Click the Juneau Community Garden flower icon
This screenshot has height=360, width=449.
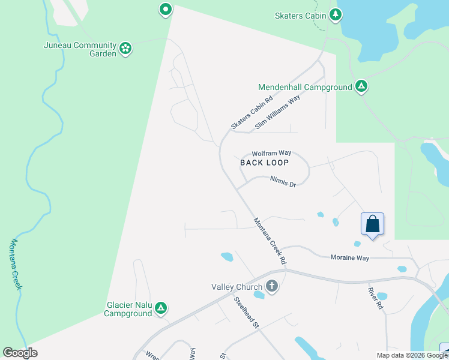[125, 49]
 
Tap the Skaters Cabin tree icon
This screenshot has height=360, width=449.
[337, 14]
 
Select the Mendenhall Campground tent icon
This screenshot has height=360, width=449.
[361, 87]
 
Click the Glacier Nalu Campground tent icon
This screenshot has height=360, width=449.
[161, 308]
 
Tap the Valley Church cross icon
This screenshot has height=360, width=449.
[272, 286]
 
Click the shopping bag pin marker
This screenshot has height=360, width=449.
[373, 225]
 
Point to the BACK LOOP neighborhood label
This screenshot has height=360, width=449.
[265, 163]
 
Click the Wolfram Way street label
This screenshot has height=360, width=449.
[271, 154]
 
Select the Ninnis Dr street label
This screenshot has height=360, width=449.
[283, 181]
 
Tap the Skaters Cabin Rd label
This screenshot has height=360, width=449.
[252, 113]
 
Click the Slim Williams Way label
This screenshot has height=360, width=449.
[277, 113]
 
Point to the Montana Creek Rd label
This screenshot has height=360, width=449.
[270, 241]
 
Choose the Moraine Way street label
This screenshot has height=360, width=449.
[349, 257]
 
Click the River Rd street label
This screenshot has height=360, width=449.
[376, 298]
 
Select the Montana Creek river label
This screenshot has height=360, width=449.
[16, 264]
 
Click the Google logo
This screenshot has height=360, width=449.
[20, 353]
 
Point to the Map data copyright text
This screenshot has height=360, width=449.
[411, 355]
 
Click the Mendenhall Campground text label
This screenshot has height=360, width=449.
[305, 87]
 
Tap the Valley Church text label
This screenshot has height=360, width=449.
[238, 286]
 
